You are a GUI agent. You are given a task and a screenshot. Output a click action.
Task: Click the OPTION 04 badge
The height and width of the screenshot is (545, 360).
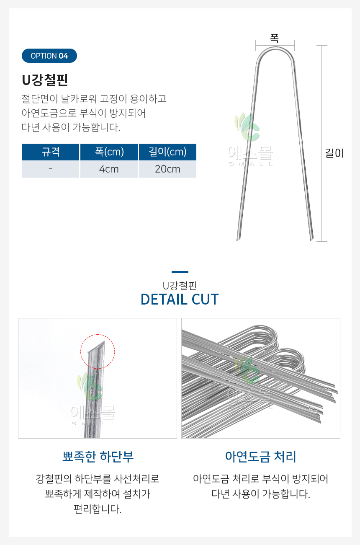click(49, 56)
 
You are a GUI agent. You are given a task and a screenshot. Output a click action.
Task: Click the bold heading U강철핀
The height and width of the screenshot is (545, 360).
click(45, 80)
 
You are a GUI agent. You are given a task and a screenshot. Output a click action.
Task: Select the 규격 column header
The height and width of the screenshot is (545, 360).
click(50, 152)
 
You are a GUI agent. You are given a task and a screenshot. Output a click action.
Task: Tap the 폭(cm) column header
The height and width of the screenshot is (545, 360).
click(109, 152)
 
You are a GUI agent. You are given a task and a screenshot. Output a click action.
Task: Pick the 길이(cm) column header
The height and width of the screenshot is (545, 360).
click(167, 152)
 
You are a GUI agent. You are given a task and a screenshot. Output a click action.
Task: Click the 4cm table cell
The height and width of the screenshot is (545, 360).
click(109, 169)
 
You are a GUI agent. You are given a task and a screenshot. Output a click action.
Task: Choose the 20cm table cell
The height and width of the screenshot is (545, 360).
click(167, 169)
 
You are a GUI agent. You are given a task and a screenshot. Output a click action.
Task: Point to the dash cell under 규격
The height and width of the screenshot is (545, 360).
click(50, 169)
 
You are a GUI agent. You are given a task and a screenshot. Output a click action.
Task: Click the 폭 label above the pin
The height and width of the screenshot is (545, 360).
click(275, 38)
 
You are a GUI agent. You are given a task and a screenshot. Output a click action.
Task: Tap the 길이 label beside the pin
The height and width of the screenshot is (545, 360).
click(334, 153)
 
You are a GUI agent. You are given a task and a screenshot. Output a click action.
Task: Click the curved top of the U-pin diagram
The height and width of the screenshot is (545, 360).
click(275, 49)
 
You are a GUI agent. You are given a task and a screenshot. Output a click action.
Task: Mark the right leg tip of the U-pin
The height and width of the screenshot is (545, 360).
click(312, 240)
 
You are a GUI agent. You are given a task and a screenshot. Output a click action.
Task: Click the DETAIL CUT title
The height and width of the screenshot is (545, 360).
click(180, 299)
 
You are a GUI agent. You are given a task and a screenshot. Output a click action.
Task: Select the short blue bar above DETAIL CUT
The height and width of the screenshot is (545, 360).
click(180, 272)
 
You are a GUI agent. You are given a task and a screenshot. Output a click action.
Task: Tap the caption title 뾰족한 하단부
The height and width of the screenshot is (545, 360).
click(98, 457)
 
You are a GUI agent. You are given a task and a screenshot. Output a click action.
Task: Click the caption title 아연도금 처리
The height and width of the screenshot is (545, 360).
click(260, 457)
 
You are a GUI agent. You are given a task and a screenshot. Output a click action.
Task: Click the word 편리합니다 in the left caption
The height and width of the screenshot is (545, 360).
click(98, 509)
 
